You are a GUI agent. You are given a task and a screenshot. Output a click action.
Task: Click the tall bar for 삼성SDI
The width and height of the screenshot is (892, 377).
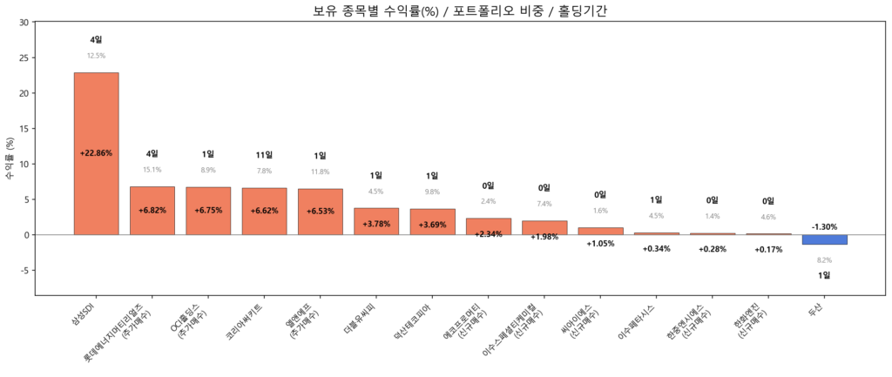pos(96,153)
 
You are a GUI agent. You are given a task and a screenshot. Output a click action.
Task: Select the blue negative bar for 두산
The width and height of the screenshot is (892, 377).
pos(824,239)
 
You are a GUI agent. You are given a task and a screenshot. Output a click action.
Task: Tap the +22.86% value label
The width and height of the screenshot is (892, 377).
pos(96,153)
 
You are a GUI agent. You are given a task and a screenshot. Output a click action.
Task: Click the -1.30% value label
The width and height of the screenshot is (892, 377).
pos(824,226)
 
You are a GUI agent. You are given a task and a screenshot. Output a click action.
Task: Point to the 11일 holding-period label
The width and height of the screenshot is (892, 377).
pos(264,155)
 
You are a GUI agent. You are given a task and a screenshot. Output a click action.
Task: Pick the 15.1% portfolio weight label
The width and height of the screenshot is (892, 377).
pos(152,170)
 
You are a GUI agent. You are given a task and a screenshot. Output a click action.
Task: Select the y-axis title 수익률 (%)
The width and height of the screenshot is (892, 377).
pos(10,158)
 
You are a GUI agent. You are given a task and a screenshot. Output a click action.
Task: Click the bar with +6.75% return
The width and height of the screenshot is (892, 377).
pos(208,211)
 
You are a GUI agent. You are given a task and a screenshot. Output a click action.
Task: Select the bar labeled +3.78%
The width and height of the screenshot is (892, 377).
pos(376,221)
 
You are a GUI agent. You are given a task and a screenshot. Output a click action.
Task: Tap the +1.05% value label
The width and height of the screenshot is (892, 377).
pos(600,244)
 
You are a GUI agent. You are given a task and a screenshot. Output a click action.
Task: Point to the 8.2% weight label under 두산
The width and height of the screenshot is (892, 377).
pos(824,260)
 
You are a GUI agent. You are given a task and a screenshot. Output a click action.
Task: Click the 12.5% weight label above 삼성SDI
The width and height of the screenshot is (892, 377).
pos(96,56)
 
